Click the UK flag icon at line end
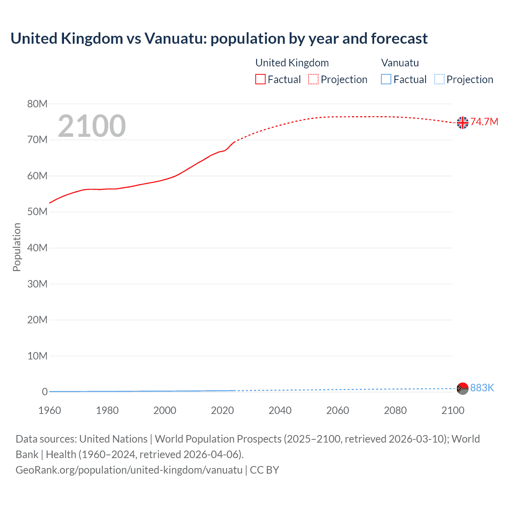pos(462,122)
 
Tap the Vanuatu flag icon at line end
pos(462,388)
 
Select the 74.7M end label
pos(484,122)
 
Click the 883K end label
pos(482,388)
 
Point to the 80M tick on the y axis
pos(37,104)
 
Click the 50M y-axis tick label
pos(37,212)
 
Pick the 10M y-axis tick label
pos(37,356)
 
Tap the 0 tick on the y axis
pos(45,392)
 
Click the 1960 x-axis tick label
pos(50,410)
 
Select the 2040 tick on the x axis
pos(280,410)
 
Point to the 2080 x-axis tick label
pos(395,410)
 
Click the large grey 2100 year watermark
pos(92,126)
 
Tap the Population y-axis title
pos(17,247)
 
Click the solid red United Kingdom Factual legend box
pos(260,80)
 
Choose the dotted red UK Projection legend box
pos(313,80)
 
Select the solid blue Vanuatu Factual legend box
pos(386,80)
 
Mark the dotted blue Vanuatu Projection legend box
pos(439,80)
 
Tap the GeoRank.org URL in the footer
pos(129,470)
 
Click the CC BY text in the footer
pos(264,470)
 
